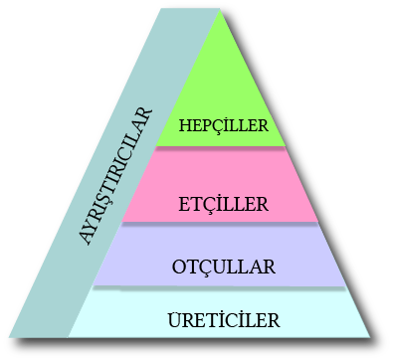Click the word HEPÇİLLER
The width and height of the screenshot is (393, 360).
[224, 125]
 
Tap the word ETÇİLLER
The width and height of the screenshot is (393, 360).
[223, 204]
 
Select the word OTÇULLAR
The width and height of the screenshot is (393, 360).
[224, 267]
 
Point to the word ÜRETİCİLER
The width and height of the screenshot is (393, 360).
[224, 320]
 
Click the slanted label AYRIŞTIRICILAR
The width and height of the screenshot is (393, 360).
[115, 177]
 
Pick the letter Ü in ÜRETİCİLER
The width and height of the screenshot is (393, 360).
[175, 320]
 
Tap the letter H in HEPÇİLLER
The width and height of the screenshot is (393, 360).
[186, 125]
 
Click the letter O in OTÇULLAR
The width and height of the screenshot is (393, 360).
[179, 267]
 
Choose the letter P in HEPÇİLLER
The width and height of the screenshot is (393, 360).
[208, 125]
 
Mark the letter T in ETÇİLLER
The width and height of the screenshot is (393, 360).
[196, 204]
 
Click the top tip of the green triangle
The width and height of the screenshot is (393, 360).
[220, 9]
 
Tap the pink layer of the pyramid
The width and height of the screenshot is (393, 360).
[220, 185]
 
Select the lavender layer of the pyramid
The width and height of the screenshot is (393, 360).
[220, 255]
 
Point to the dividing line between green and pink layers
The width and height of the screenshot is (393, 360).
[221, 147]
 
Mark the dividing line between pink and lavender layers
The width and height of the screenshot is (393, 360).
[220, 223]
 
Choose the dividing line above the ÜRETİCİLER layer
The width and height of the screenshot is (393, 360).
[219, 286]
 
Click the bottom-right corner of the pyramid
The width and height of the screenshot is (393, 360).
[370, 337]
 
